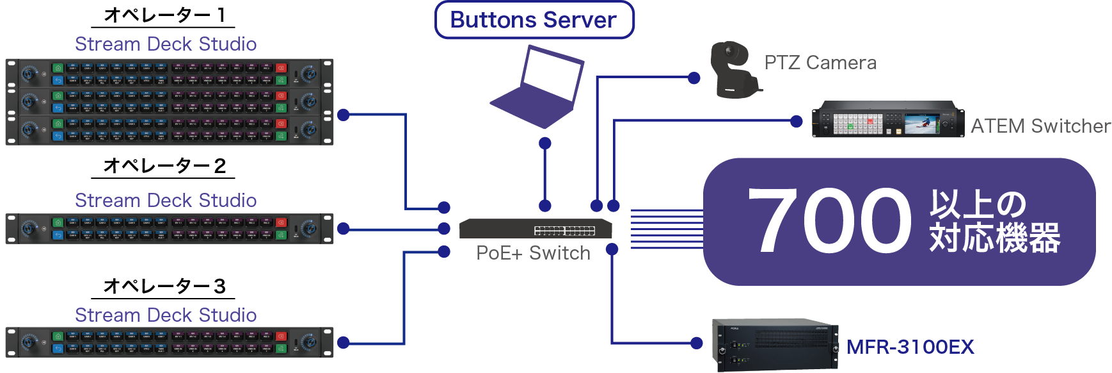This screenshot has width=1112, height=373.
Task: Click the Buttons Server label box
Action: (x=534, y=20)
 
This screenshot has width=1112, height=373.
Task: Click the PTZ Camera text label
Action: (x=820, y=63)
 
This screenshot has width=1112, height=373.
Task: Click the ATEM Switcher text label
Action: (x=1040, y=126)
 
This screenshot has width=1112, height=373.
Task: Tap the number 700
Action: (x=830, y=221)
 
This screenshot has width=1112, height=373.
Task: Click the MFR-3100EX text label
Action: (x=910, y=347)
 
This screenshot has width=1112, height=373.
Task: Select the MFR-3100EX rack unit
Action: (x=775, y=344)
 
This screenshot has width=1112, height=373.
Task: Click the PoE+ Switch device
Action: (x=536, y=228)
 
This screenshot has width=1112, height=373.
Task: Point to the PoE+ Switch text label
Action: (x=533, y=253)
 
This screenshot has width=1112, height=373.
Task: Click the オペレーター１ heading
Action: (x=164, y=15)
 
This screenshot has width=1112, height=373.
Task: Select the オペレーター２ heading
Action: (x=164, y=166)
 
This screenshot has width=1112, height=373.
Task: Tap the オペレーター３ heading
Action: (x=164, y=286)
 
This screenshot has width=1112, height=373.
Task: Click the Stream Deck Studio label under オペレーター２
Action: (x=166, y=201)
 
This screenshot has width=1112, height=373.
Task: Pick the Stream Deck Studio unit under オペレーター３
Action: (x=170, y=342)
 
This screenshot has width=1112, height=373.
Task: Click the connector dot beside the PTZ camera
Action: (x=694, y=78)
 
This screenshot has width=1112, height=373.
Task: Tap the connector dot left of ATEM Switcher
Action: (x=797, y=121)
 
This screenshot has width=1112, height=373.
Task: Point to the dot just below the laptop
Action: (x=545, y=143)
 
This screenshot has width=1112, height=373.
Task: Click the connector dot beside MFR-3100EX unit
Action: (x=697, y=343)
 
